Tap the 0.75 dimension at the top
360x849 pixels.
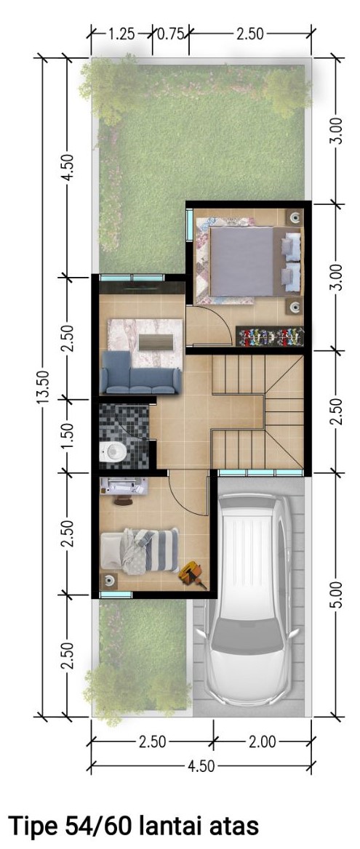pyautogui.click(x=171, y=34)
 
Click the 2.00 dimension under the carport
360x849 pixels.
pyautogui.click(x=262, y=741)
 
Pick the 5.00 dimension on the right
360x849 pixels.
pyautogui.click(x=336, y=595)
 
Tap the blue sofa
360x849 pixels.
pyautogui.click(x=140, y=372)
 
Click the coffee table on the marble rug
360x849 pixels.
pyautogui.click(x=156, y=342)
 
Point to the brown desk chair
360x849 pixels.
pyautogui.click(x=123, y=500)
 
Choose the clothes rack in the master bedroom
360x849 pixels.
pyautogui.click(x=270, y=337)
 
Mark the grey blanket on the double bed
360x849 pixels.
pyautogui.click(x=242, y=262)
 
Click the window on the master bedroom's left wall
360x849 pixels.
pyautogui.click(x=190, y=225)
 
